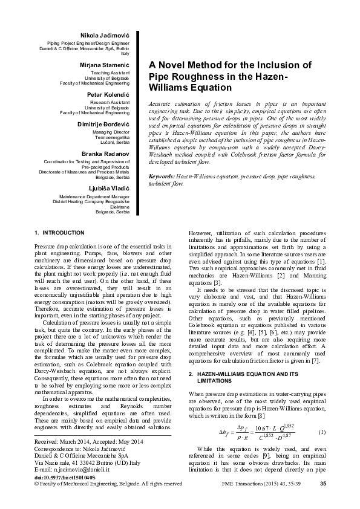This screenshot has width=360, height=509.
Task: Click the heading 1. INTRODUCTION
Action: (x=60, y=232)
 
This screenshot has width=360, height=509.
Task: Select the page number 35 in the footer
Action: (x=323, y=483)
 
